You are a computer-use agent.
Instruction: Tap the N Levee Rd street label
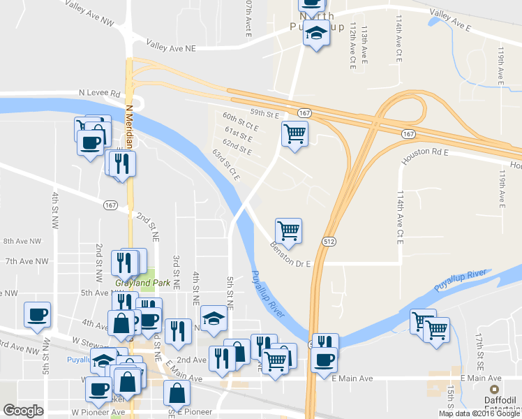click(x=100, y=93)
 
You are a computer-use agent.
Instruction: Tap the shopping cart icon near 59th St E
click(x=295, y=133)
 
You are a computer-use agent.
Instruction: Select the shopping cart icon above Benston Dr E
click(x=288, y=229)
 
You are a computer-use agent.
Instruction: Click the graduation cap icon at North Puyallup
click(x=317, y=33)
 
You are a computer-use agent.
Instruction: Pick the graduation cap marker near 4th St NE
click(x=213, y=318)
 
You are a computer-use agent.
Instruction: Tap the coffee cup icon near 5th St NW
click(x=37, y=314)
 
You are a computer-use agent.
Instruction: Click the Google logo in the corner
click(x=23, y=410)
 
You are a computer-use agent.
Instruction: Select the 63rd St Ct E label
click(x=226, y=165)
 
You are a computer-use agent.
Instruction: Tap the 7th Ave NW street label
click(x=27, y=261)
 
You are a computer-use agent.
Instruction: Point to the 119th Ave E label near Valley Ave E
click(x=501, y=63)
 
